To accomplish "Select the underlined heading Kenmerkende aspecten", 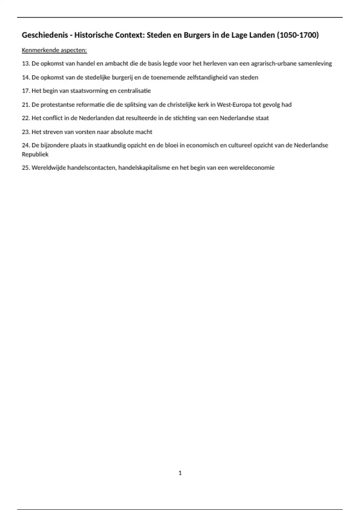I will pyautogui.click(x=54, y=50).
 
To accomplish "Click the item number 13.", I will pyautogui.click(x=26, y=64).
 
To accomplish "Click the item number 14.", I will pyautogui.click(x=26, y=77).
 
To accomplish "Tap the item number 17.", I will pyautogui.click(x=26, y=91).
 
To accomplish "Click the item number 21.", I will pyautogui.click(x=26, y=105).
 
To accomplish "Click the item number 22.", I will pyautogui.click(x=26, y=118).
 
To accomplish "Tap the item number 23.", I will pyautogui.click(x=26, y=132).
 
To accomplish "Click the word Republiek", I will pyautogui.click(x=35, y=154).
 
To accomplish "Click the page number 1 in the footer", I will pyautogui.click(x=180, y=473).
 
